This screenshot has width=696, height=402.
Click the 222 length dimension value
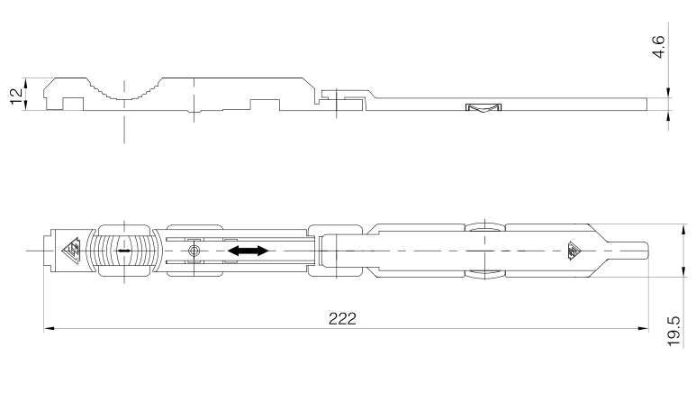342,318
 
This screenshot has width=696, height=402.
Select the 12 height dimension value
16,96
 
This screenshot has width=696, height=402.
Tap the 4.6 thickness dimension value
659,47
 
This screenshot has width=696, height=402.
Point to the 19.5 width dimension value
673,332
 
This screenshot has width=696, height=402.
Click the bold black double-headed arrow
249,251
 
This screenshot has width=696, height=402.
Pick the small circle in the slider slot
194,251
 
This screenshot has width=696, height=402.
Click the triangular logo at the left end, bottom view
71,251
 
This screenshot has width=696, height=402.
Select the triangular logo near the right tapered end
575,251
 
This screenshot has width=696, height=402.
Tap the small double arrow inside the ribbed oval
124,251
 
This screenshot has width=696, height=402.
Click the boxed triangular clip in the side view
484,107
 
